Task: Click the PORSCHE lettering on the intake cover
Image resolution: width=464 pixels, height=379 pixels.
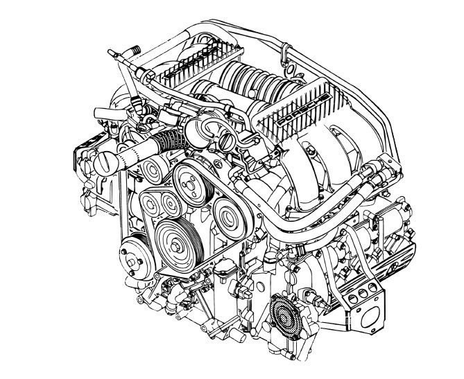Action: coord(303,109)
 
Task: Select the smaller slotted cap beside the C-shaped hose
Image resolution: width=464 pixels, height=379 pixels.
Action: coord(228,141)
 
